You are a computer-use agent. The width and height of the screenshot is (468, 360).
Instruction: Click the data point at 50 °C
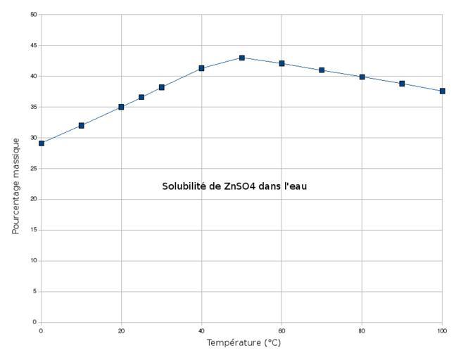tap(241, 58)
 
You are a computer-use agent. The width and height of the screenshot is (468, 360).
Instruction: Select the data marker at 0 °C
tap(42, 143)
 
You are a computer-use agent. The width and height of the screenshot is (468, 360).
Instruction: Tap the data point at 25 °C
tap(141, 97)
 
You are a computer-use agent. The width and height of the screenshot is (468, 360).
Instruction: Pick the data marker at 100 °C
tap(442, 91)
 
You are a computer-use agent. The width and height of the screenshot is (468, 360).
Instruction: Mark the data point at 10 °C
tap(82, 125)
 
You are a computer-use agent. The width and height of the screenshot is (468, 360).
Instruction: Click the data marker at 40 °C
tap(201, 68)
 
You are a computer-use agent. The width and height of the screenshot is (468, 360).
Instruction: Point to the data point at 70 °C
tap(322, 70)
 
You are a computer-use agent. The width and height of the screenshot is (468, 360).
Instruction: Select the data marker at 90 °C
tap(402, 84)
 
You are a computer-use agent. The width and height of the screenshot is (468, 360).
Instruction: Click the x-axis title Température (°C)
tap(244, 343)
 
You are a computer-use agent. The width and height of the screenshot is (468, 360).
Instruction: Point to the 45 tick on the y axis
tap(34, 46)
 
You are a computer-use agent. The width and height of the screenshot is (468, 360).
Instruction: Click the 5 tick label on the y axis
tap(35, 291)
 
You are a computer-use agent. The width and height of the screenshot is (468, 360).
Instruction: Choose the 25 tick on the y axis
tap(34, 169)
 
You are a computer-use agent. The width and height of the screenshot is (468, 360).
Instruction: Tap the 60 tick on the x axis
tap(282, 330)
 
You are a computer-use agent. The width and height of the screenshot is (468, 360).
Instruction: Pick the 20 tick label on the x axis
tap(121, 330)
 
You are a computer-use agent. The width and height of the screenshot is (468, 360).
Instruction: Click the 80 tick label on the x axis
tap(362, 330)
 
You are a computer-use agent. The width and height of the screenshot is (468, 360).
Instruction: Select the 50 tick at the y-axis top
tap(34, 15)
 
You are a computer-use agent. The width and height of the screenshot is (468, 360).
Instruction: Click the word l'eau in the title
tap(295, 186)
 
